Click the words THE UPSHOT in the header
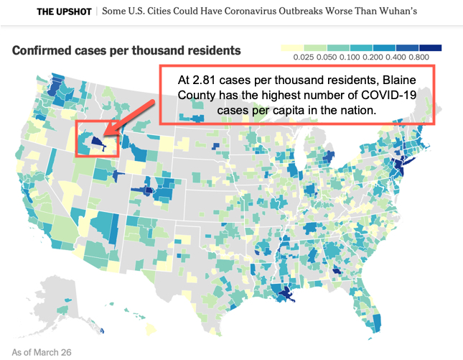click(64, 11)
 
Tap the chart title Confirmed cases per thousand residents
click(126, 50)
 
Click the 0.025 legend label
click(304, 57)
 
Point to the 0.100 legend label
click(350, 57)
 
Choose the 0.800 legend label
click(418, 57)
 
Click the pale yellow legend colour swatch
click(292, 48)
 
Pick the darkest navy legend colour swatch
click(431, 48)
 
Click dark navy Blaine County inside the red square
click(97, 142)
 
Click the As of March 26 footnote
click(42, 352)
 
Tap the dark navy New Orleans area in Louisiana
click(286, 295)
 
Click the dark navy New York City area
click(399, 165)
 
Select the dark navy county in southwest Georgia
click(337, 270)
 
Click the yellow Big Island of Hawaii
click(150, 328)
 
